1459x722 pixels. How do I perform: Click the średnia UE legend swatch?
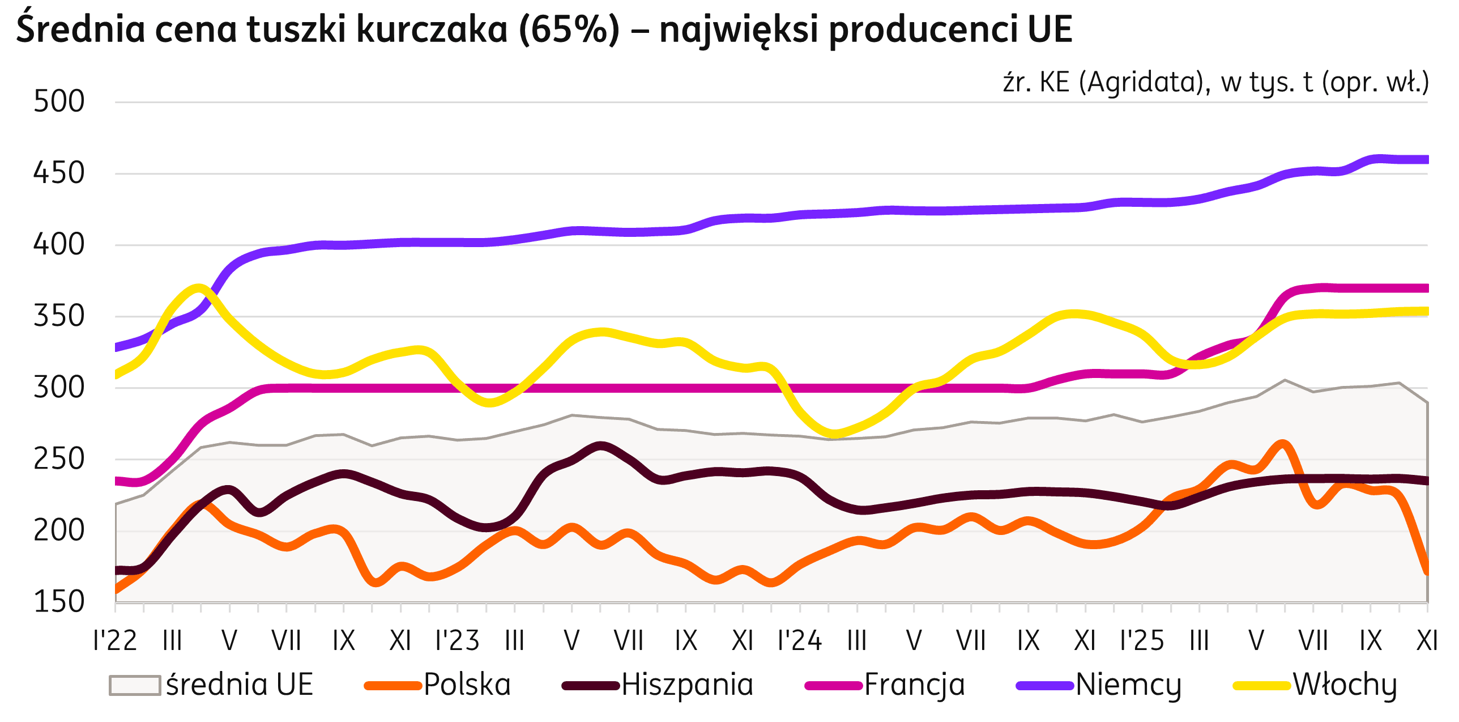(x=134, y=685)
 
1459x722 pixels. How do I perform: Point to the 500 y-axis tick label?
(x=59, y=102)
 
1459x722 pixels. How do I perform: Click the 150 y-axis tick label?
(x=59, y=602)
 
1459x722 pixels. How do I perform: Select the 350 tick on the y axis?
(x=59, y=316)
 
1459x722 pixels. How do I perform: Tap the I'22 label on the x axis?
(x=116, y=641)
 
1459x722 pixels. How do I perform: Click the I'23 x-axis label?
(x=458, y=641)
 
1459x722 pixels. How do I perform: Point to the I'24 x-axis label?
(x=800, y=641)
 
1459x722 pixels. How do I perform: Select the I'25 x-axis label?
(x=1142, y=641)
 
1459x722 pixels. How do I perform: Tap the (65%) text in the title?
(x=569, y=29)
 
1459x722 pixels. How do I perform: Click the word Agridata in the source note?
(x=1144, y=83)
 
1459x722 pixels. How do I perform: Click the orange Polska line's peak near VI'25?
(x=1283, y=444)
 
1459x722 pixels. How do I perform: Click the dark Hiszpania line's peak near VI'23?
(x=600, y=447)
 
